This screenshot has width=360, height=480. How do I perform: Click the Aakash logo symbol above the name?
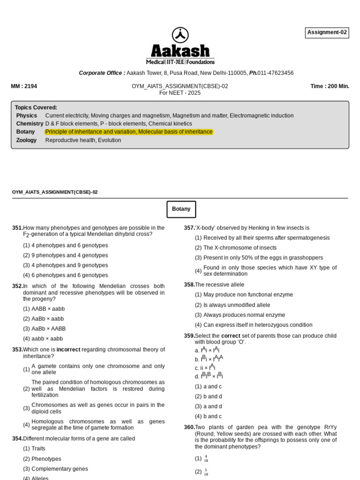[180, 35]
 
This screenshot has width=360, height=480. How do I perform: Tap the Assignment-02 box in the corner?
[327, 32]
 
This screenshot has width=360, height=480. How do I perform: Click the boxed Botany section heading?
[181, 209]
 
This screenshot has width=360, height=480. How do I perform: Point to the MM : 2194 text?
[24, 86]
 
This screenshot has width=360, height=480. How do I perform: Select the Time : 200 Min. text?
[330, 86]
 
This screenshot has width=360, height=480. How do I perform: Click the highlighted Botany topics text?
[128, 132]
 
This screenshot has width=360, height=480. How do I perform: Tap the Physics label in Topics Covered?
[26, 115]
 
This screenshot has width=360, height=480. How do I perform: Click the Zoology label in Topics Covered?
[26, 140]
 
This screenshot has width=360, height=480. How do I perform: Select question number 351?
[17, 228]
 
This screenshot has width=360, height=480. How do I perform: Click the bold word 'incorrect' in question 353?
[68, 350]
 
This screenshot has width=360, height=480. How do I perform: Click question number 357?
[189, 228]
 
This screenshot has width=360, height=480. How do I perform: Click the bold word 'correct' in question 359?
[231, 336]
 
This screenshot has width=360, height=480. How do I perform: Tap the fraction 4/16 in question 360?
[206, 458]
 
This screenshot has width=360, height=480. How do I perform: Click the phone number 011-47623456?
[277, 73]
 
